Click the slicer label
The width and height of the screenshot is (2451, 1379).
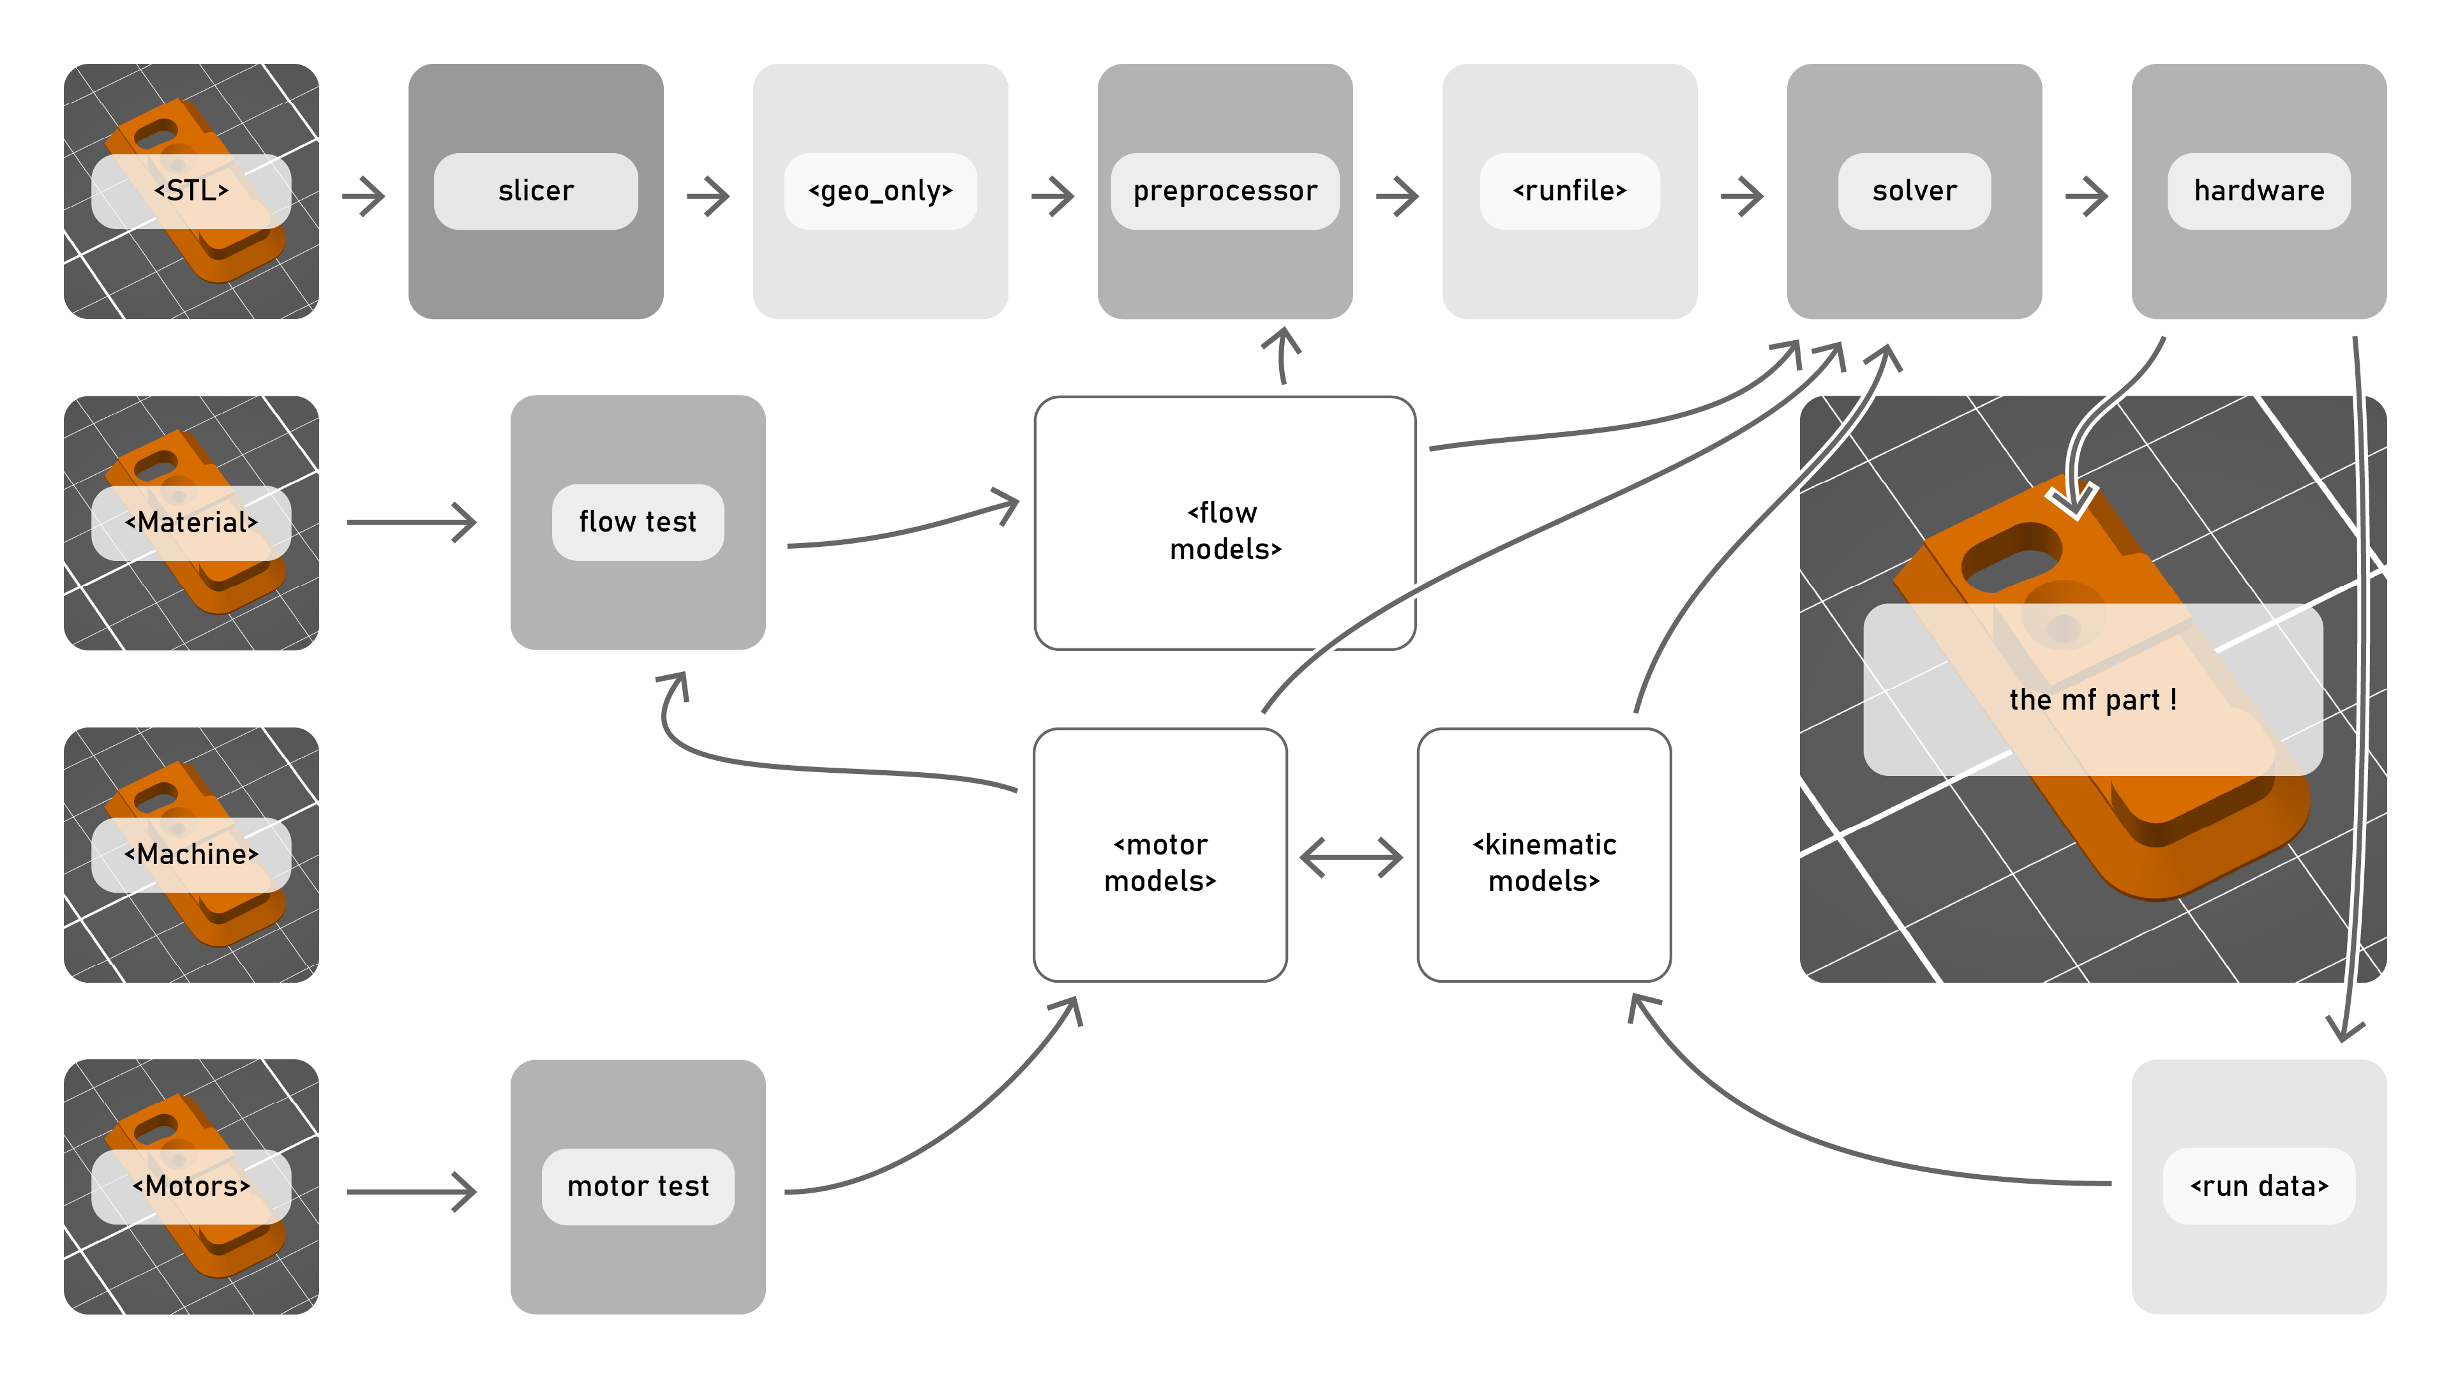(x=536, y=191)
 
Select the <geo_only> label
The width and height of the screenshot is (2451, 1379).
(x=880, y=191)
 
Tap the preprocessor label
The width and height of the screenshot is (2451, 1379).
(x=1225, y=191)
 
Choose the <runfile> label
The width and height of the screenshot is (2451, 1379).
(x=1569, y=191)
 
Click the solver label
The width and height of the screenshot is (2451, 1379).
(x=1914, y=191)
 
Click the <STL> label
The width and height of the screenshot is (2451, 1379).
(x=191, y=191)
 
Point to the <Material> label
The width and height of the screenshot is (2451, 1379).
(x=191, y=522)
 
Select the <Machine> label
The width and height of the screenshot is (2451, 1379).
(x=191, y=854)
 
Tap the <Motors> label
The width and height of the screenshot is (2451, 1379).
(x=191, y=1186)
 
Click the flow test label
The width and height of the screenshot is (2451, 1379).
(x=638, y=522)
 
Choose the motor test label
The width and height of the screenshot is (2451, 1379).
(x=638, y=1186)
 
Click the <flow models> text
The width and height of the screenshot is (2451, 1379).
(x=1225, y=531)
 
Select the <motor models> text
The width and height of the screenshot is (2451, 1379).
(x=1160, y=863)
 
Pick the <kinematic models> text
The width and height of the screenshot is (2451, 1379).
(x=1543, y=863)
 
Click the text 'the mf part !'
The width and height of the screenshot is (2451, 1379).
(x=2092, y=700)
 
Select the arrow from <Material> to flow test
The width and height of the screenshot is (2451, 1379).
(x=411, y=522)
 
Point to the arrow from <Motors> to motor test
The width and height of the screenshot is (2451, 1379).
(x=411, y=1191)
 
